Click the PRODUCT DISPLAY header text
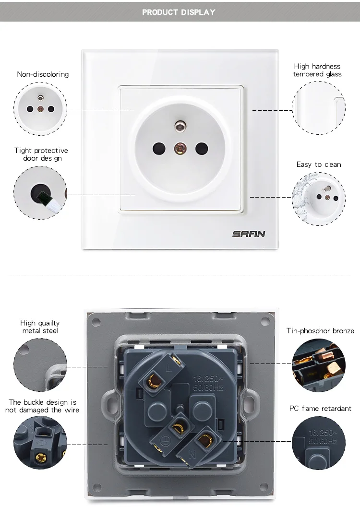click(x=179, y=12)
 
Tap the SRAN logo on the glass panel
click(x=249, y=234)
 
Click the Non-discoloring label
click(x=43, y=74)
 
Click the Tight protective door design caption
click(x=41, y=154)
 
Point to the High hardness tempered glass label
click(x=317, y=70)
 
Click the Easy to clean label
click(x=319, y=164)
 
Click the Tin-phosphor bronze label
click(x=320, y=331)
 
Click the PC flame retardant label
click(x=320, y=409)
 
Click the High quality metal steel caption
click(x=40, y=327)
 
